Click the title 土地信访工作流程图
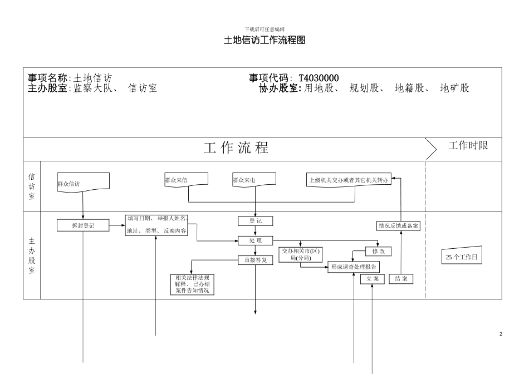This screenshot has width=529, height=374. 264,41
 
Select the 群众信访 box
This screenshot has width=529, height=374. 83,183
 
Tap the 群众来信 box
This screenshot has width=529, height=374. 187,179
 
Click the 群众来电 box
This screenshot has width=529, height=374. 254,179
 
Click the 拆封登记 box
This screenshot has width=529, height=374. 83,225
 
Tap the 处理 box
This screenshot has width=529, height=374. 256,240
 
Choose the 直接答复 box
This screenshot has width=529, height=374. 256,259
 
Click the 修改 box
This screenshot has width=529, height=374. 378,252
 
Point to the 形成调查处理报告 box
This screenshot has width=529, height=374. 354,267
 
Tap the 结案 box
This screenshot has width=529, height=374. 400,279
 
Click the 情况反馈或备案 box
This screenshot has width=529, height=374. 399,226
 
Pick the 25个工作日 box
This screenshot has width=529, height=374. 462,257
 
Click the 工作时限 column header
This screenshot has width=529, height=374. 468,146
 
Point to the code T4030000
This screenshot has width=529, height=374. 319,78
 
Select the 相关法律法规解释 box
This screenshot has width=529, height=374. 192,284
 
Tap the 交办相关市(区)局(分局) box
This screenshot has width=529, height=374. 301,254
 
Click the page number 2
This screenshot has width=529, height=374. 501,334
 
